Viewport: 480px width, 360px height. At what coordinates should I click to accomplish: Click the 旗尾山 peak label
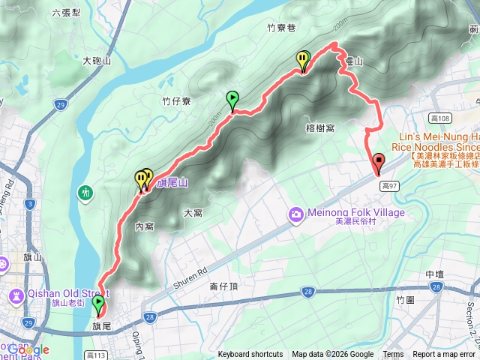coord(172,182)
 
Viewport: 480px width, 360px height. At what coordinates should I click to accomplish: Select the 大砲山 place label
coord(97,60)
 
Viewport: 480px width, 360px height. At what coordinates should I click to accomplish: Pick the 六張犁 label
coord(67,13)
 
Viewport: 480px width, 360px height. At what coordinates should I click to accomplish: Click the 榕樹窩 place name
coord(320,128)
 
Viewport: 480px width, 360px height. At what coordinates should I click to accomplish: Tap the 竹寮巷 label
coord(281,28)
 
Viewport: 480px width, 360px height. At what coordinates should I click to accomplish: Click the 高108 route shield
coord(441,118)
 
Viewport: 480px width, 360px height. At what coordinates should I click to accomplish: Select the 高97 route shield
coord(388,184)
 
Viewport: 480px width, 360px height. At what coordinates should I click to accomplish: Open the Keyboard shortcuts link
coord(250,355)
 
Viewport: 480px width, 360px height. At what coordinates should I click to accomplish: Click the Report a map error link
coord(444,355)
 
